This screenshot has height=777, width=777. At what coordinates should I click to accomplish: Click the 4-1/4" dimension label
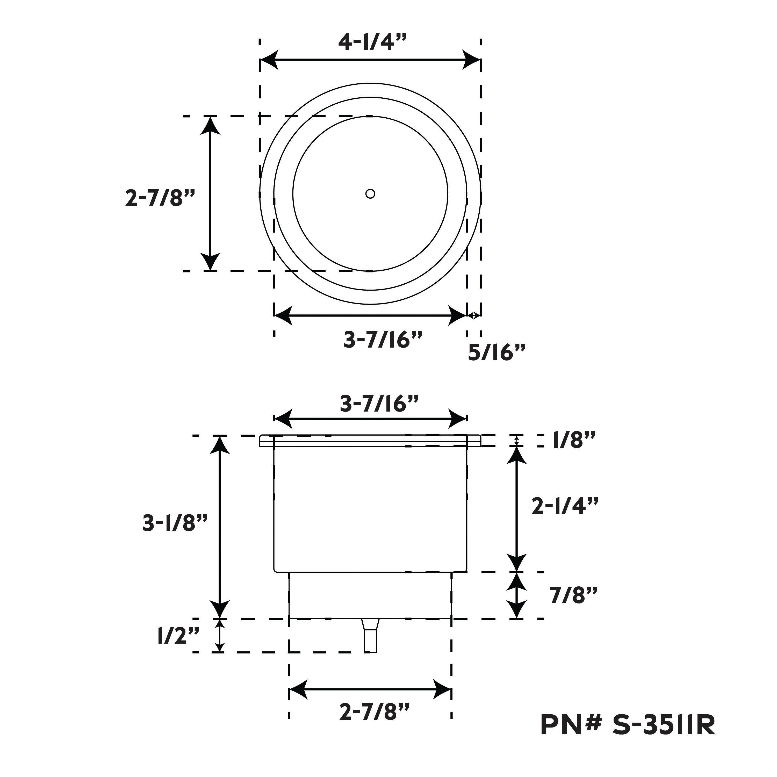[372, 41]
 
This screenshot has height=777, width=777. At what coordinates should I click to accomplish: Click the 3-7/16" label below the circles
[383, 340]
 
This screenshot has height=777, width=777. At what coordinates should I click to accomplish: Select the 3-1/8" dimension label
[175, 523]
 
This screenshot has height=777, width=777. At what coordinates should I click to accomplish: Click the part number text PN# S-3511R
[628, 736]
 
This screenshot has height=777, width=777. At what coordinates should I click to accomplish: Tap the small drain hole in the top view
[370, 194]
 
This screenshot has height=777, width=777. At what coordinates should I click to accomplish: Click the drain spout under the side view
[370, 635]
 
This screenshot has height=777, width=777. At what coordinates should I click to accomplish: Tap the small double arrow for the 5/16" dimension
[474, 316]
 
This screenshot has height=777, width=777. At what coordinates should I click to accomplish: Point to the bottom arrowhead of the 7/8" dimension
[516, 609]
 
